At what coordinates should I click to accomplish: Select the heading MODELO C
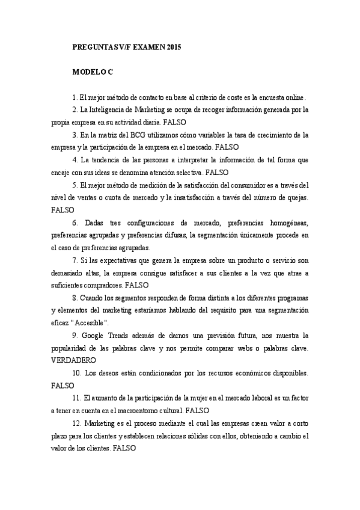click(x=93, y=72)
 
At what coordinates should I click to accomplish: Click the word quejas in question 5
click(x=296, y=198)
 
